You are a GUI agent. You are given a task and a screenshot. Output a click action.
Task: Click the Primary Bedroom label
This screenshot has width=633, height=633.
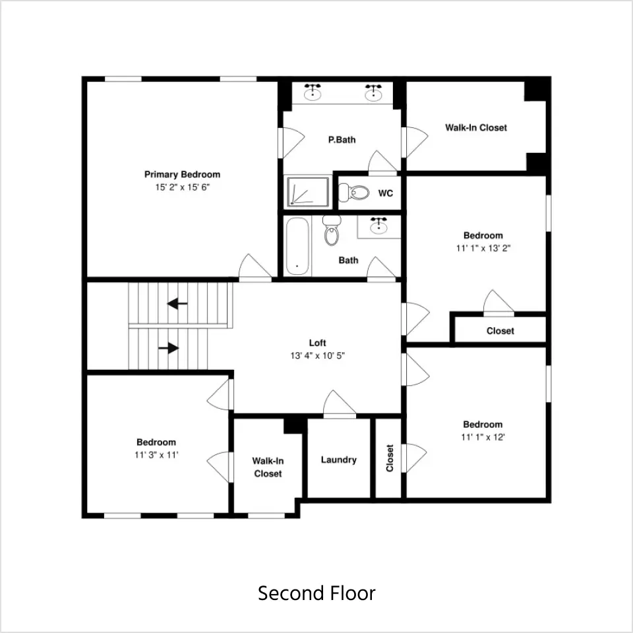(x=183, y=174)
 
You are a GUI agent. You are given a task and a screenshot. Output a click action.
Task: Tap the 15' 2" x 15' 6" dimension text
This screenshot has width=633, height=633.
(x=183, y=187)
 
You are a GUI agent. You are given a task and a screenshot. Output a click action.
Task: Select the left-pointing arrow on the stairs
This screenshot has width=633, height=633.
(x=177, y=303)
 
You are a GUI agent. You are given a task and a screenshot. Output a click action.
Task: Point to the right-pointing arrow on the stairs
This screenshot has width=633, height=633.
(x=169, y=347)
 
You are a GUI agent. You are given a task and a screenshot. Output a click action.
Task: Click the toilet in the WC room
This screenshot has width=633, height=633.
(x=353, y=193)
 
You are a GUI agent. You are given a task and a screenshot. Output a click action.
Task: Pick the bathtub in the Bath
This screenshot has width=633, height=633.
(x=297, y=246)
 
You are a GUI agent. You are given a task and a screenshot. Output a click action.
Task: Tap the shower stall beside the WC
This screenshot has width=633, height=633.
(x=308, y=192)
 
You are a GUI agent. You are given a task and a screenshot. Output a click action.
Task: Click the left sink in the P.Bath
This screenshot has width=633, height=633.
(x=313, y=92)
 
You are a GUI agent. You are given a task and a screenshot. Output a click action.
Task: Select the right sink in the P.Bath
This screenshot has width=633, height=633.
(x=373, y=92)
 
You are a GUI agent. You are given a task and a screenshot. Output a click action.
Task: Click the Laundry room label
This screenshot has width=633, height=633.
(x=339, y=460)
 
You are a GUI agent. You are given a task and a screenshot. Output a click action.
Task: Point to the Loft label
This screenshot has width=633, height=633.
(x=317, y=343)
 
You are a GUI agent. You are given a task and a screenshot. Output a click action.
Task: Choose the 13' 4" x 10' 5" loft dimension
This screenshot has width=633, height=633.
(x=317, y=355)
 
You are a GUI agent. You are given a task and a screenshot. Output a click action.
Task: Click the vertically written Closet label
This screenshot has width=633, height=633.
(x=390, y=458)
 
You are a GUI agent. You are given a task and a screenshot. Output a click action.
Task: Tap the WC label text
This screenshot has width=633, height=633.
(x=386, y=193)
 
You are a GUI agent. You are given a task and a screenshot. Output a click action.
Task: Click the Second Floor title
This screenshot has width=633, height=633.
(x=317, y=593)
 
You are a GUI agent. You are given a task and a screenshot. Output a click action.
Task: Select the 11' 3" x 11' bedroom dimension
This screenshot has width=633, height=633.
(x=156, y=455)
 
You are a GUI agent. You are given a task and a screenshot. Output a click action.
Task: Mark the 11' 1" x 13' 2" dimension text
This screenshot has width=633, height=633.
(x=483, y=249)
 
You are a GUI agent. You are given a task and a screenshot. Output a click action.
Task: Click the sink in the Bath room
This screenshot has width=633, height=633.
(x=378, y=226)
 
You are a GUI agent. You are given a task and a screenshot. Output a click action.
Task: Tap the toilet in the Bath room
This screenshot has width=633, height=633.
(x=332, y=231)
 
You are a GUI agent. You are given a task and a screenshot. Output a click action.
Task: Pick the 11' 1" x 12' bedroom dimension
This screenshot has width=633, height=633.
(x=483, y=437)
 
